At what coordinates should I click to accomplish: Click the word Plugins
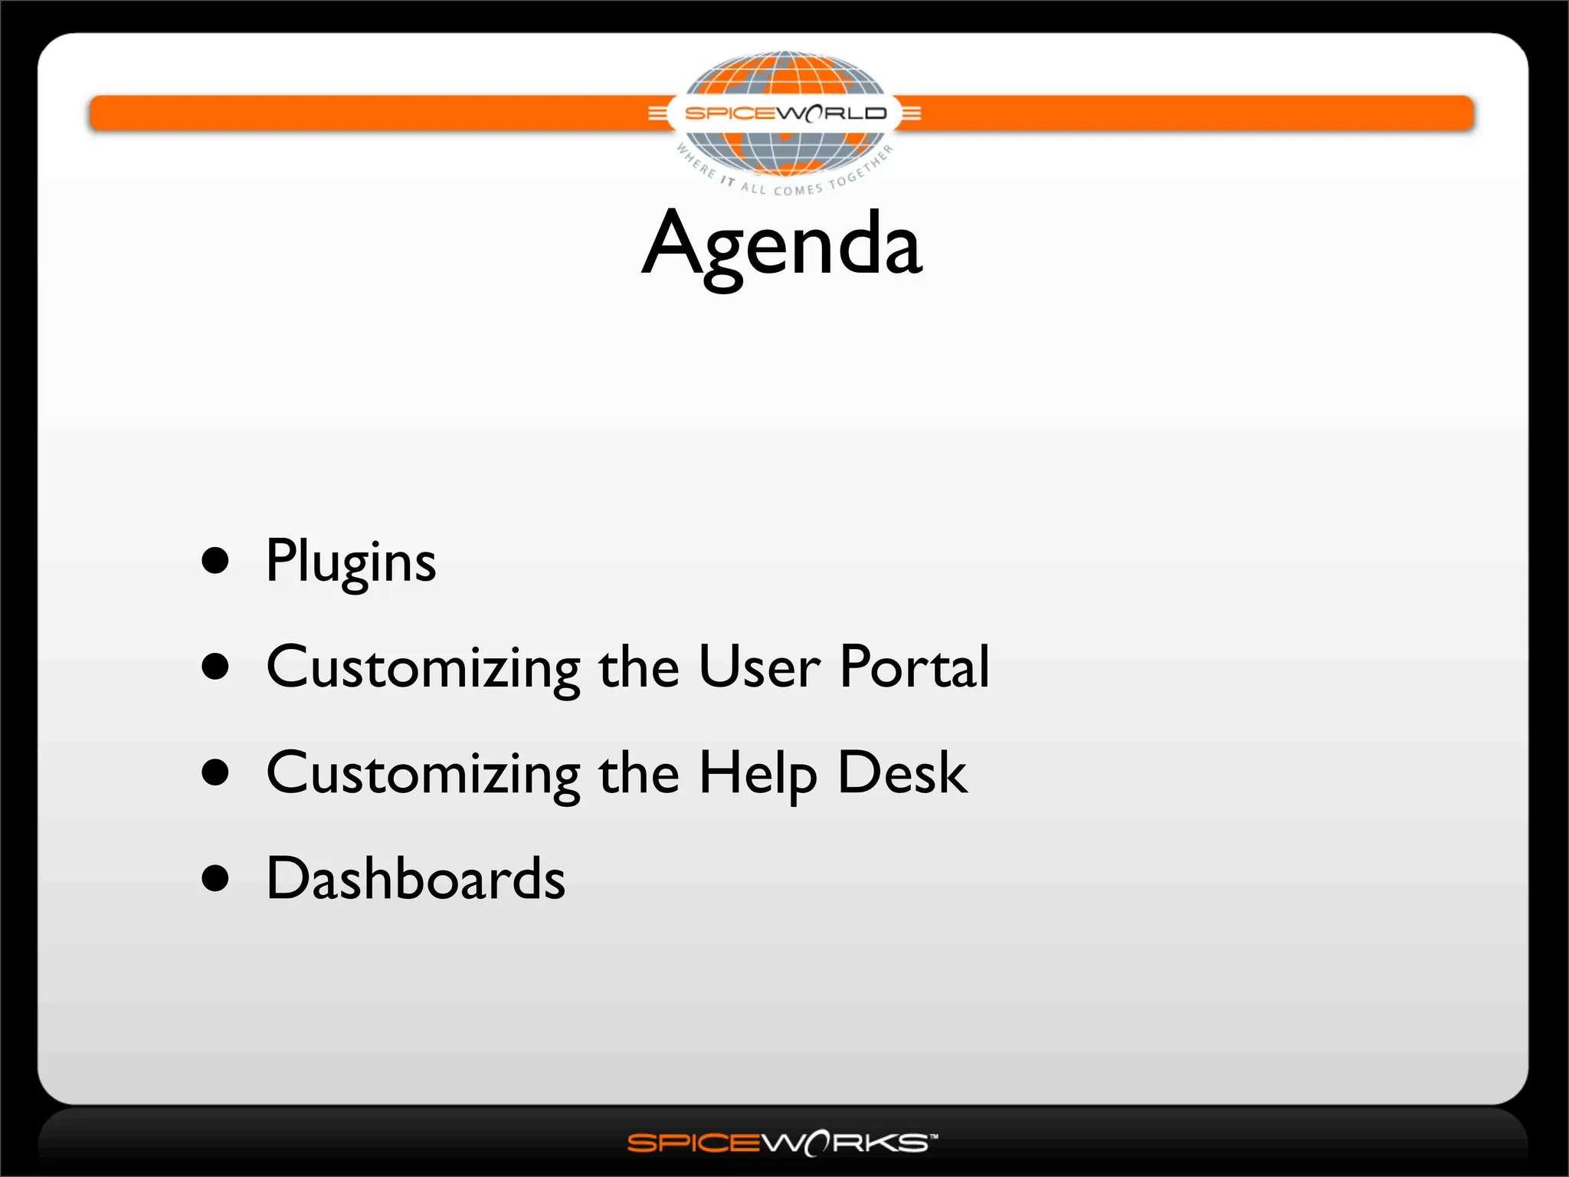(x=351, y=562)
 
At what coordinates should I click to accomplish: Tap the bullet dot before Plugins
(x=215, y=560)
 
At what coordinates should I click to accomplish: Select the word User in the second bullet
(x=759, y=667)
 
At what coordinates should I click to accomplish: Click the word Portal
(x=914, y=667)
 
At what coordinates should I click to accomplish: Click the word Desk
(x=902, y=772)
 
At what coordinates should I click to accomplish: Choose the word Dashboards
(x=415, y=878)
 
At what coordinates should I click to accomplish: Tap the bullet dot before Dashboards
(x=215, y=878)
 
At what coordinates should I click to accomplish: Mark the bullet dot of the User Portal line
(x=215, y=667)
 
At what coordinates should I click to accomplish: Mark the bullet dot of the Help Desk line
(x=215, y=772)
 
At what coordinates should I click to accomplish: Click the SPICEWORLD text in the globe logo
(x=785, y=113)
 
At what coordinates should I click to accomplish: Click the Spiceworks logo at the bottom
(x=782, y=1143)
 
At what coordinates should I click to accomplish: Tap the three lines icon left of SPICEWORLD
(x=657, y=113)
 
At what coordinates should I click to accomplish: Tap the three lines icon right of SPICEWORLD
(x=911, y=113)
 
